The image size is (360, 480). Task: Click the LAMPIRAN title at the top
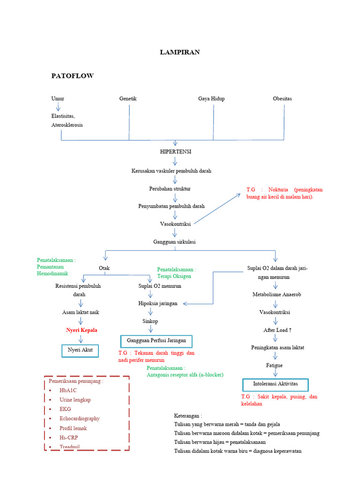pos(180,52)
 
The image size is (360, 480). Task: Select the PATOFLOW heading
pos(72,76)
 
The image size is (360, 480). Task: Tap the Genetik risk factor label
pos(128,98)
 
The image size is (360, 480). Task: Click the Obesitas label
pos(282,98)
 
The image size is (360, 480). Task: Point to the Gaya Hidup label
pos(211,98)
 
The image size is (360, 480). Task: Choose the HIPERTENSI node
pos(176,152)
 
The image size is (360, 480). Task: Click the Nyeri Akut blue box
pos(80,350)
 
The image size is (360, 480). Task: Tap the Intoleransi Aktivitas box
pos(275,385)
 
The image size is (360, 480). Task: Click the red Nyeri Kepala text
pos(82,330)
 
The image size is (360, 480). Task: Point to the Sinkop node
pos(150,321)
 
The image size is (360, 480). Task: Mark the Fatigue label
pos(275,365)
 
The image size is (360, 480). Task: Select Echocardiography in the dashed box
pos(80,419)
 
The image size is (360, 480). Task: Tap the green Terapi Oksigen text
pos(174,276)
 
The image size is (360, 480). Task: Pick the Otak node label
pos(104,268)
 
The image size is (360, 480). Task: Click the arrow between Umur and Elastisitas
pos(58,107)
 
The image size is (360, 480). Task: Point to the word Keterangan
pos(187,415)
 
